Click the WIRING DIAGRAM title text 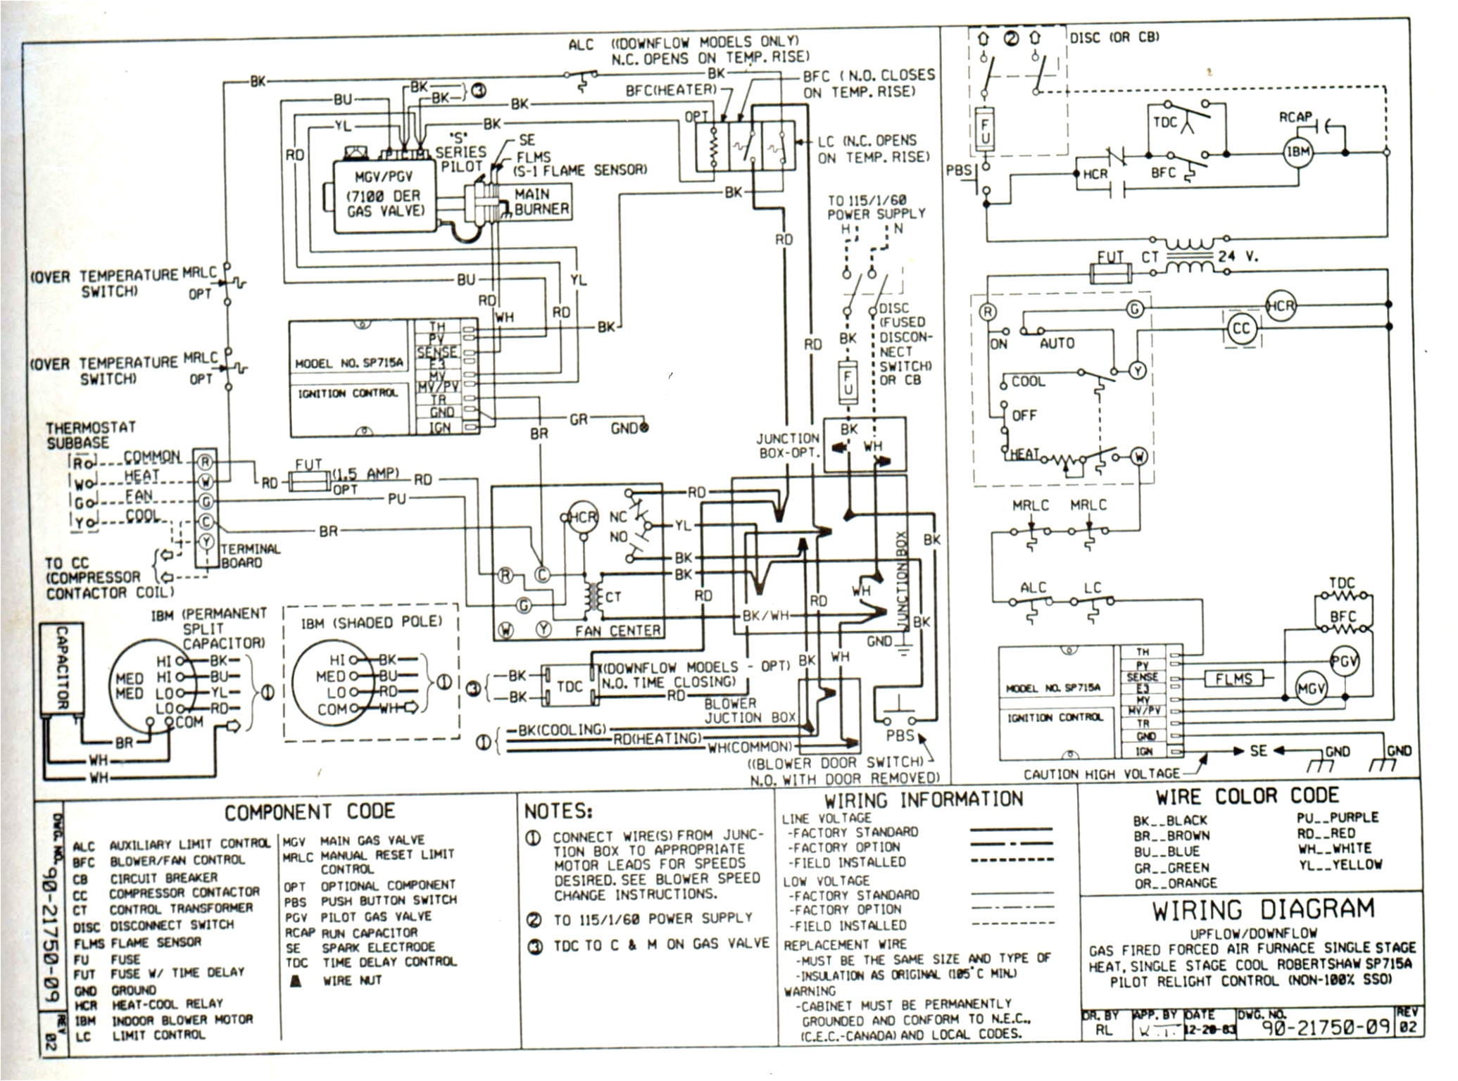(1262, 910)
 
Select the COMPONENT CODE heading (310, 812)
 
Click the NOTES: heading (558, 811)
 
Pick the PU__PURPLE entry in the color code (1337, 818)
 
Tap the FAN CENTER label (617, 631)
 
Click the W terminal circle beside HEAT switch (1138, 457)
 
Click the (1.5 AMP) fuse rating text (365, 472)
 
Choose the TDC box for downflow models (569, 686)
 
